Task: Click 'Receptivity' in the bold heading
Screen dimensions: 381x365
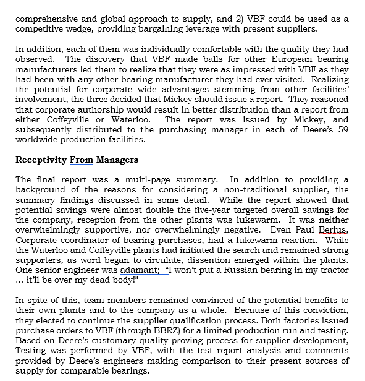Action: [41, 160]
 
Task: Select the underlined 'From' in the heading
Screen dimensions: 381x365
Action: [82, 160]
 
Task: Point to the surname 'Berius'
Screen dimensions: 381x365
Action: [334, 229]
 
